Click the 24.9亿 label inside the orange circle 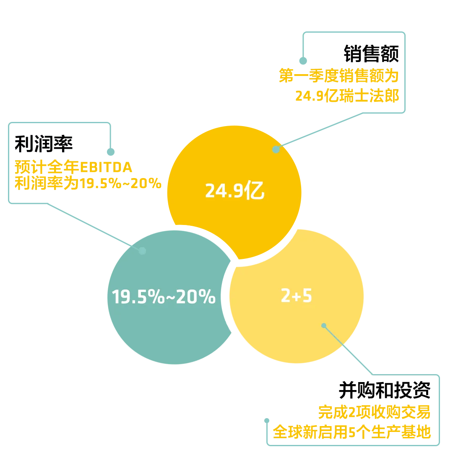(234, 191)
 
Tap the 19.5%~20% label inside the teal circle (164, 297)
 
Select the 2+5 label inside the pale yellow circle (297, 296)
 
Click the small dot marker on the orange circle (276, 149)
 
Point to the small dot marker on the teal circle (142, 251)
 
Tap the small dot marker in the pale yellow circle (323, 325)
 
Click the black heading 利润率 (43, 143)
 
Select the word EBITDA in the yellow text (106, 168)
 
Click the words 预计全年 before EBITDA (47, 168)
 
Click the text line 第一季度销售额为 (338, 76)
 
